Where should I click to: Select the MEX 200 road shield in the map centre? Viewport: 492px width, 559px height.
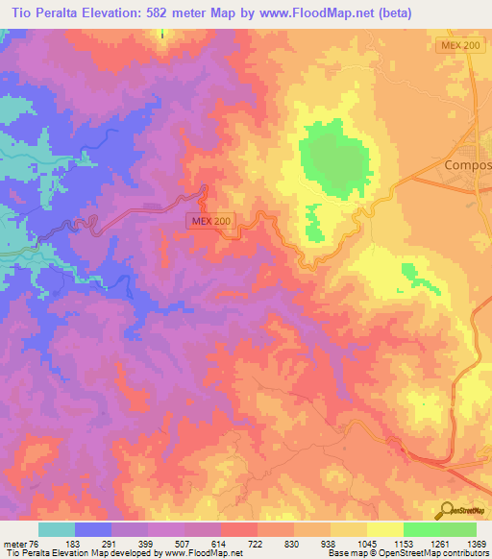click(209, 221)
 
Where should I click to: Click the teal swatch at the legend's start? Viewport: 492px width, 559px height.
click(57, 529)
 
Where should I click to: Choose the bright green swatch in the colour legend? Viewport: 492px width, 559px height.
click(421, 529)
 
